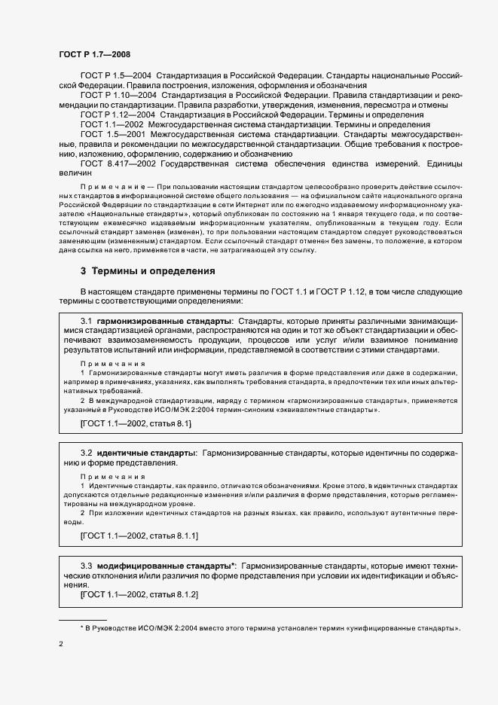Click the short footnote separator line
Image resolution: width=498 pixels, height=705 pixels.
click(83, 619)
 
